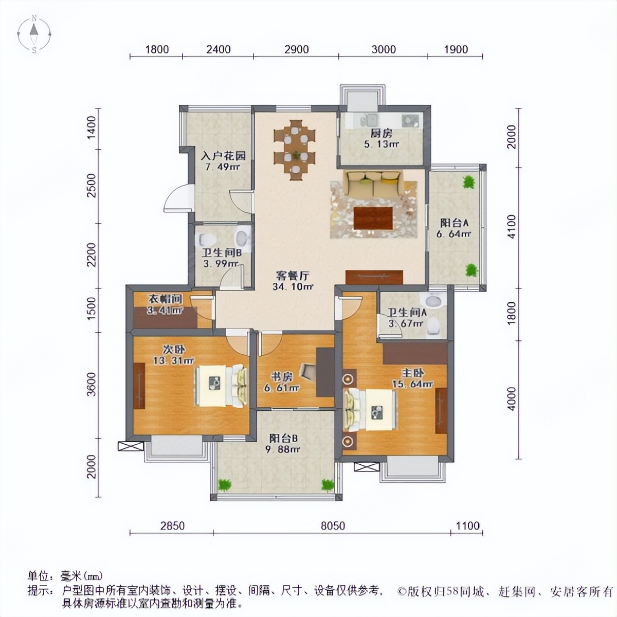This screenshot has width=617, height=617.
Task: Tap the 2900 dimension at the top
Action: pyautogui.click(x=297, y=49)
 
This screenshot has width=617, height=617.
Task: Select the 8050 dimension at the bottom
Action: pyautogui.click(x=333, y=525)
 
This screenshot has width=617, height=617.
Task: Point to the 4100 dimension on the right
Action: pyautogui.click(x=511, y=226)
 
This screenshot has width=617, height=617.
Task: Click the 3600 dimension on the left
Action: pyautogui.click(x=92, y=385)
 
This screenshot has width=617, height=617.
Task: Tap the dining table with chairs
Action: pyautogui.click(x=295, y=149)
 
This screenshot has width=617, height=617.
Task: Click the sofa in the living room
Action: pyautogui.click(x=373, y=184)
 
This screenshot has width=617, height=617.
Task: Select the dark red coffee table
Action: pyautogui.click(x=374, y=217)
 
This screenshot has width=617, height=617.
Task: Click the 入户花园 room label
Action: pyautogui.click(x=223, y=155)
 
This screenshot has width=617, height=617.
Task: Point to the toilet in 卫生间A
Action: pyautogui.click(x=433, y=325)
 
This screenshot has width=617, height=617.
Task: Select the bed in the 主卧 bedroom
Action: pyautogui.click(x=371, y=409)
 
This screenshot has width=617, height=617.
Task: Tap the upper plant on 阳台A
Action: pyautogui.click(x=468, y=182)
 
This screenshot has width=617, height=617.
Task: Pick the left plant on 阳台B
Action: pyautogui.click(x=225, y=484)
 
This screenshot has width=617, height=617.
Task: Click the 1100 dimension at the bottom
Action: pyautogui.click(x=467, y=525)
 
